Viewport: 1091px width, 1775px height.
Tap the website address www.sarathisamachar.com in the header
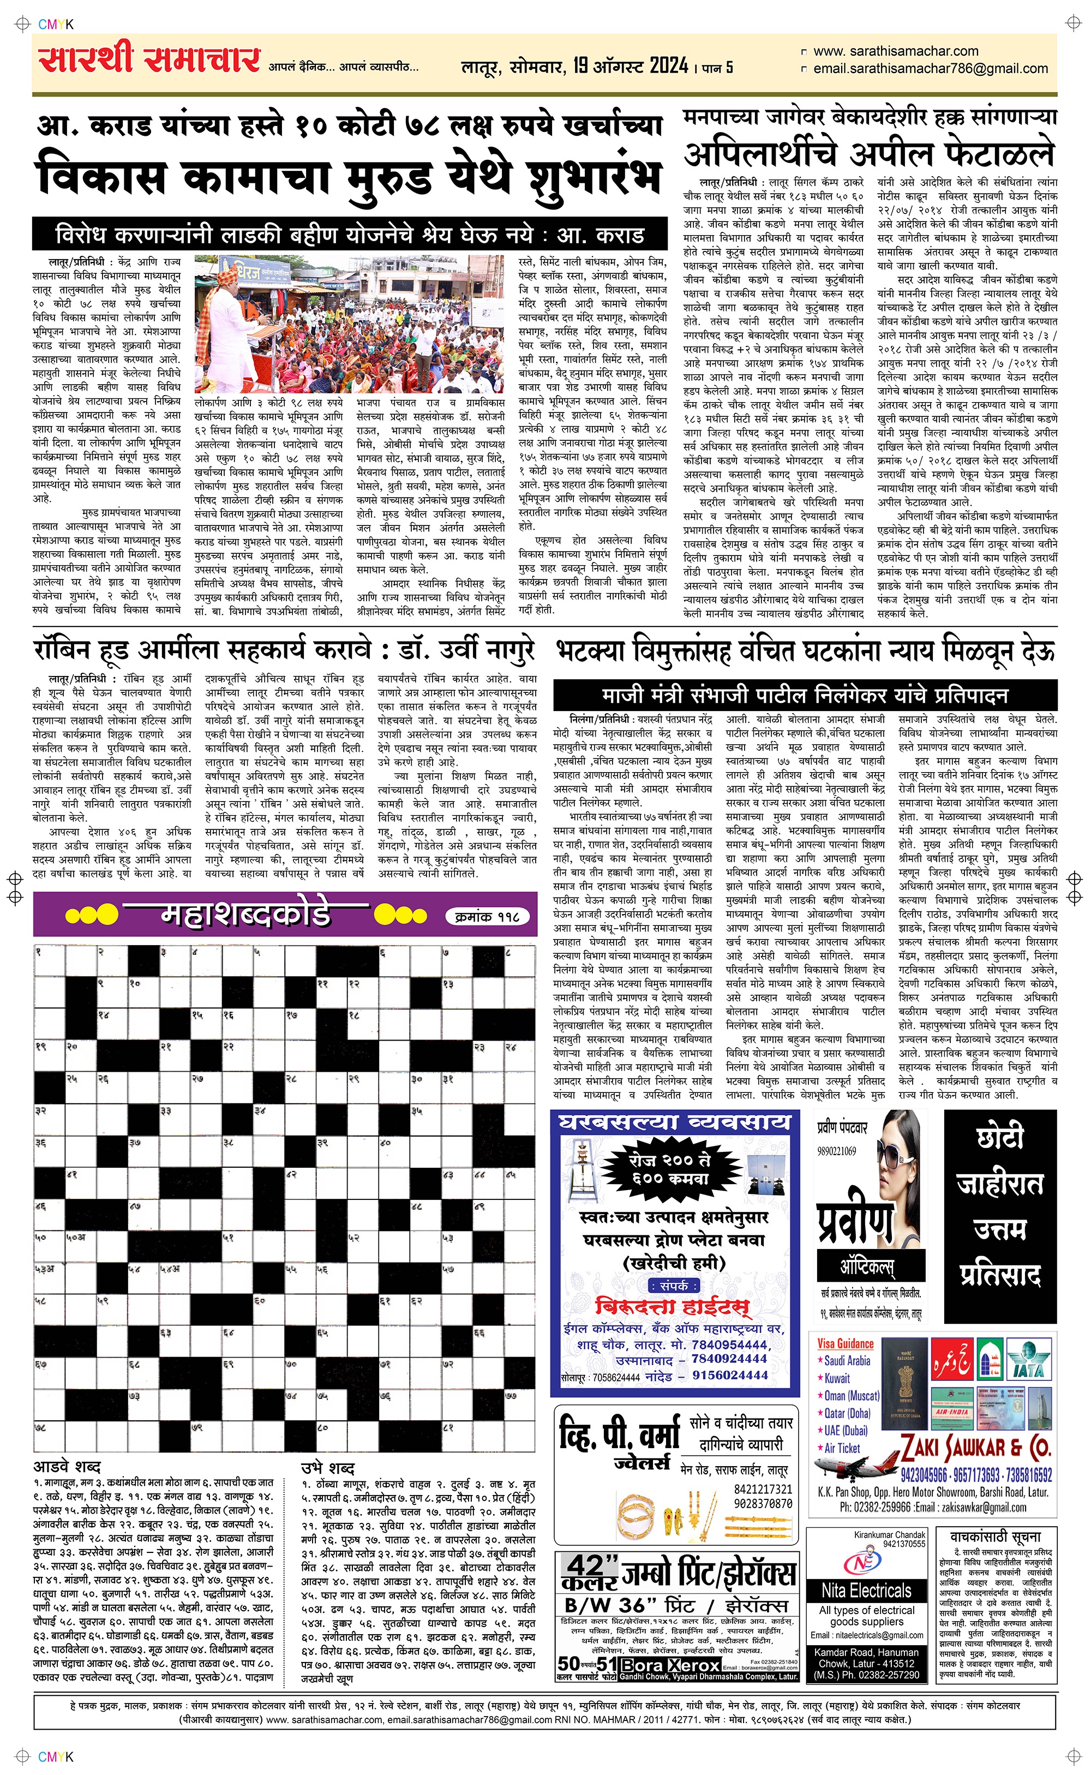pos(896,51)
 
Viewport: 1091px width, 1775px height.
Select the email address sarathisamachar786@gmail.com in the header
pos(930,69)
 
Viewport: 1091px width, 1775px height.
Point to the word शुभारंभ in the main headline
pos(594,178)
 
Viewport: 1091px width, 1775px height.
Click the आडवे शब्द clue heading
pos(67,1466)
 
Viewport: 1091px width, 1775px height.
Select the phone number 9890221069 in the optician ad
pos(836,1151)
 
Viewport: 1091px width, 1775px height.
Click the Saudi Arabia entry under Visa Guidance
pos(847,1360)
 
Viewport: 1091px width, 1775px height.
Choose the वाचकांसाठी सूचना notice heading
pos(995,1537)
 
